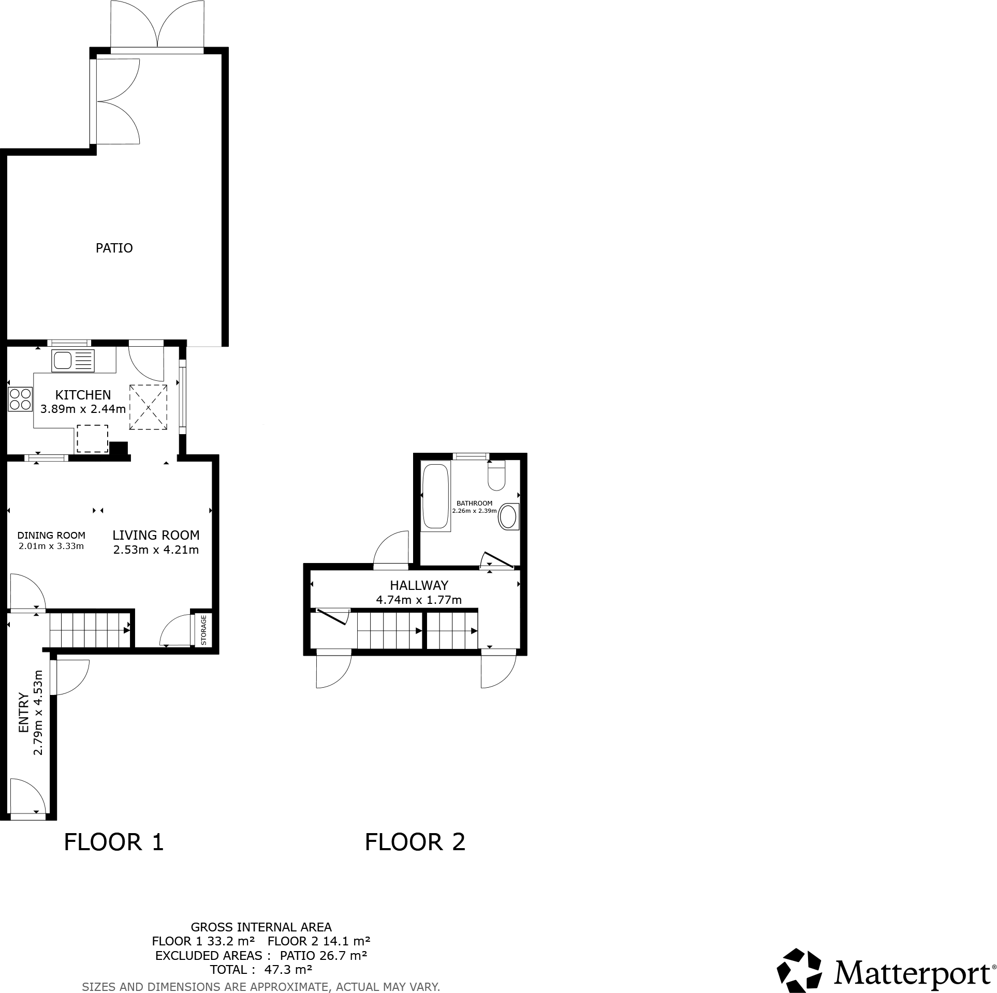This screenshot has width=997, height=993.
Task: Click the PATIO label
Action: tap(114, 248)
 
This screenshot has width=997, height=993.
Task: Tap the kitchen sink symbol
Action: tap(73, 361)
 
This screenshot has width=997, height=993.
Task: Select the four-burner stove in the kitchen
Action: tap(20, 399)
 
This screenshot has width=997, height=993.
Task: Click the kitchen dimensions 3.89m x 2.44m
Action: tap(83, 409)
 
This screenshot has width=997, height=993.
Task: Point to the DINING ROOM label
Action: tap(51, 536)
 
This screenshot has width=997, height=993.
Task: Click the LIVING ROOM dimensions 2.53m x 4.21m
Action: tap(156, 550)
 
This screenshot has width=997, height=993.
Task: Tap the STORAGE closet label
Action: tap(203, 629)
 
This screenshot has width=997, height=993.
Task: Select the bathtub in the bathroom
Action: tap(435, 497)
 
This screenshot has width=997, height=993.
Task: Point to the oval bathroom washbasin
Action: tap(509, 516)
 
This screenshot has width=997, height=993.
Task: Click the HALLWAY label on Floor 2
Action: tap(419, 585)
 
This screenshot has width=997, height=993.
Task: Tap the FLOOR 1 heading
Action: tap(113, 842)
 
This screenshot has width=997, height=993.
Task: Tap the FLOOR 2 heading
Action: tap(415, 842)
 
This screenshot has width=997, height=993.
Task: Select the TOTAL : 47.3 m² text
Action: tap(260, 969)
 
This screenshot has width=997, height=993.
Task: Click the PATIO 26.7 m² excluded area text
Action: tap(324, 955)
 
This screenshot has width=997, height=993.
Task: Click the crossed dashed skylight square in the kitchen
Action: tap(148, 407)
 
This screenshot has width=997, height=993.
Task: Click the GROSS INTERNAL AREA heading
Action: tap(261, 927)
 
